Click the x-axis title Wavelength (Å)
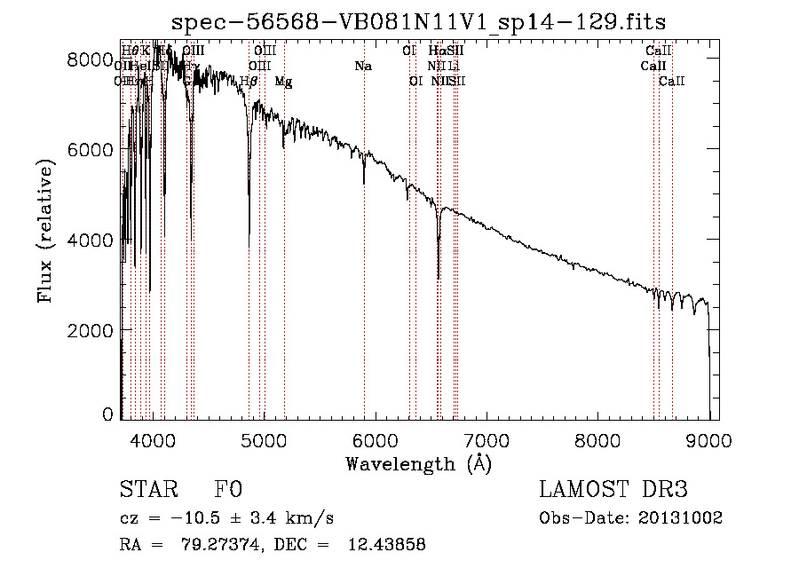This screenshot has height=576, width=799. pos(418,463)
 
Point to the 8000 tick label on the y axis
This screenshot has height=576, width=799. pos(91,59)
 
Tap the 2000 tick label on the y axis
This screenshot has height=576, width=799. pos(91,330)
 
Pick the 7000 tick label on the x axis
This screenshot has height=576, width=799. pos(487,440)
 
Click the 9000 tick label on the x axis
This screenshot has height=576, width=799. pos(708,440)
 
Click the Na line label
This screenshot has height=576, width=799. pos(362,67)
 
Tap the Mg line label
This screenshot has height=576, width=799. pos(283,82)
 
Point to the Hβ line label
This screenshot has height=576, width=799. pos(249,82)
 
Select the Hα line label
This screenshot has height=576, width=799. pos(436,51)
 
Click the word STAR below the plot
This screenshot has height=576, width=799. pos(146,491)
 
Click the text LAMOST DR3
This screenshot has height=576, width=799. pos(613,491)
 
